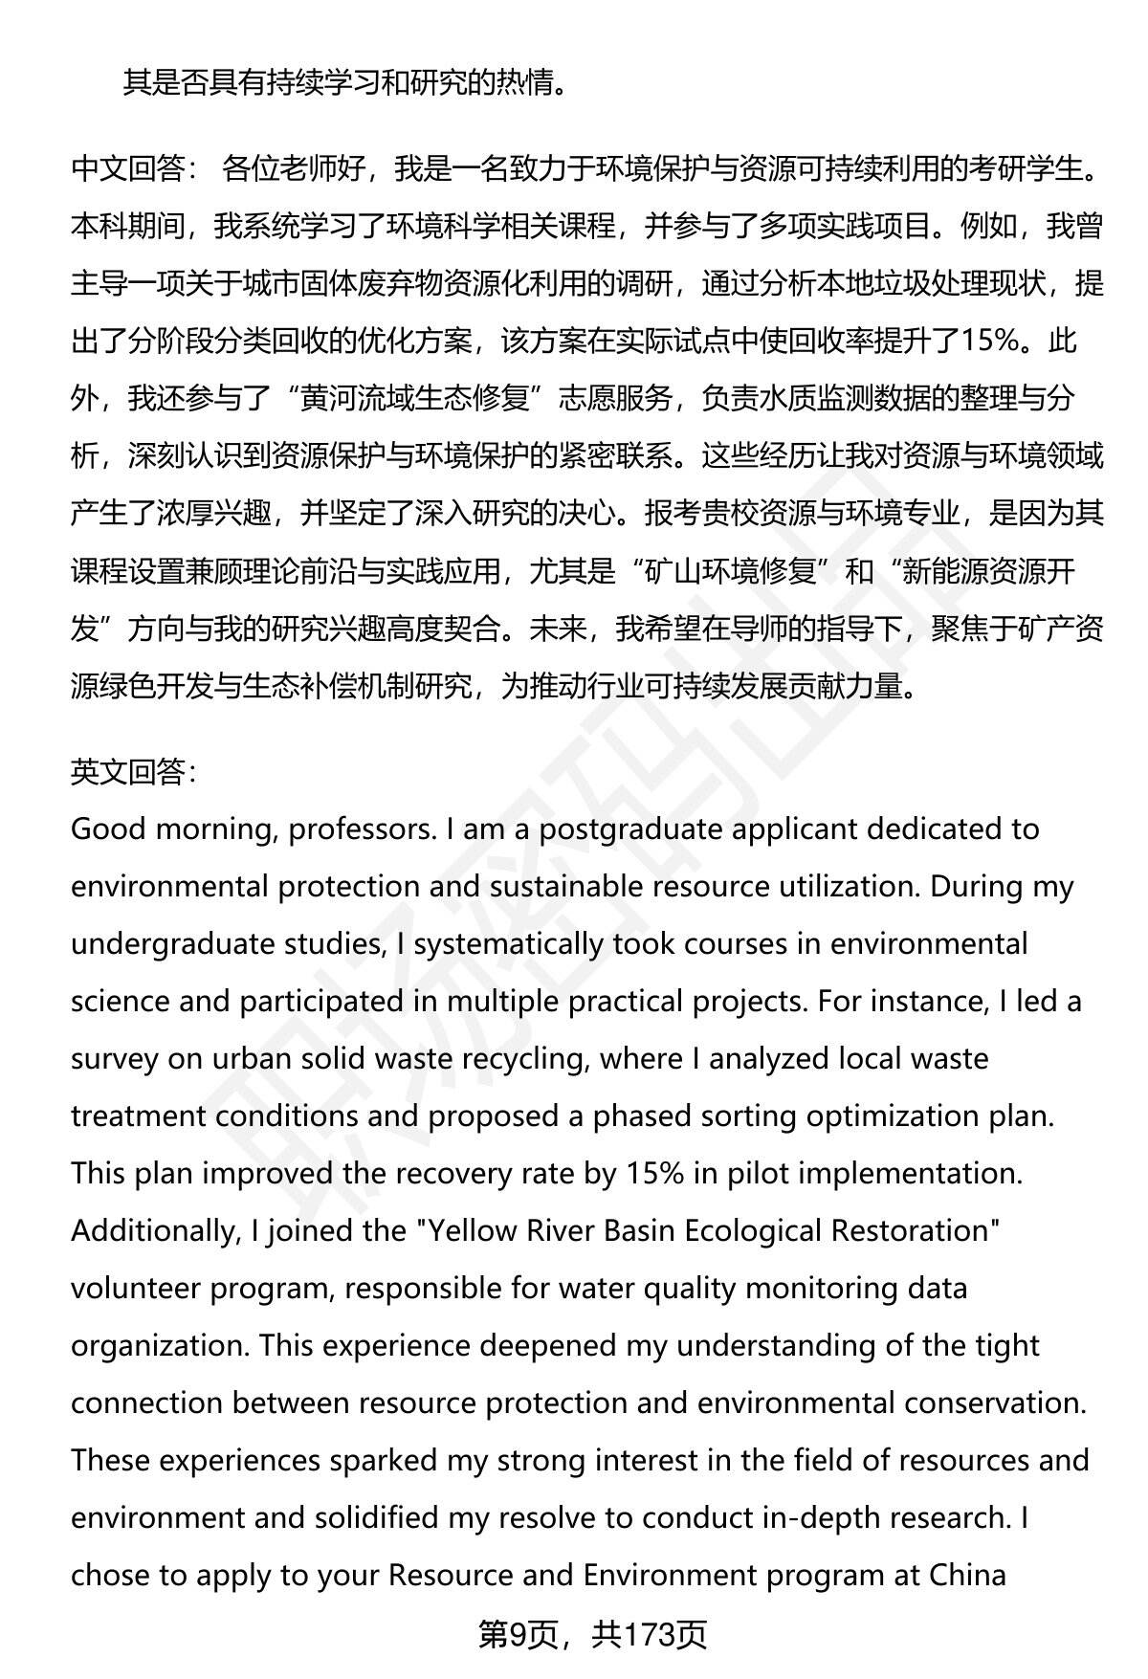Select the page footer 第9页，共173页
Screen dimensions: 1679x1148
pyautogui.click(x=592, y=1635)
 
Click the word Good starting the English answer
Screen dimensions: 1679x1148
pyautogui.click(x=109, y=829)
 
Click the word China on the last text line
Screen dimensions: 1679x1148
pyautogui.click(x=967, y=1576)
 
